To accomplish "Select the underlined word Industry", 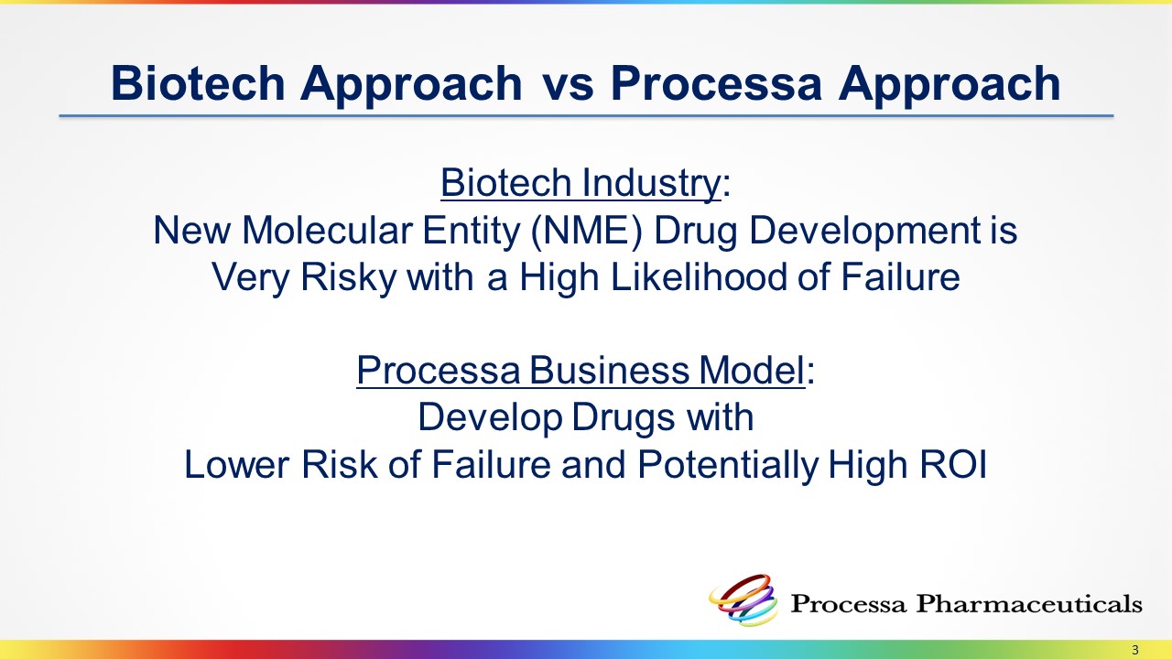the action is pos(651,184).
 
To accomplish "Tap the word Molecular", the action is pos(327,231).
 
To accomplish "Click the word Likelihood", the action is pos(699,277).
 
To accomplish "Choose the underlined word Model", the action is pos(752,371).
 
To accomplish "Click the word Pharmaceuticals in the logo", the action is pos(1028,604).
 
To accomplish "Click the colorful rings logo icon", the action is pos(743,600).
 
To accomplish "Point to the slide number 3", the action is pos(1134,650).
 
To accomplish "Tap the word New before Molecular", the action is pos(192,231).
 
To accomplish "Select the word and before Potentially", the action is pos(594,464).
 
